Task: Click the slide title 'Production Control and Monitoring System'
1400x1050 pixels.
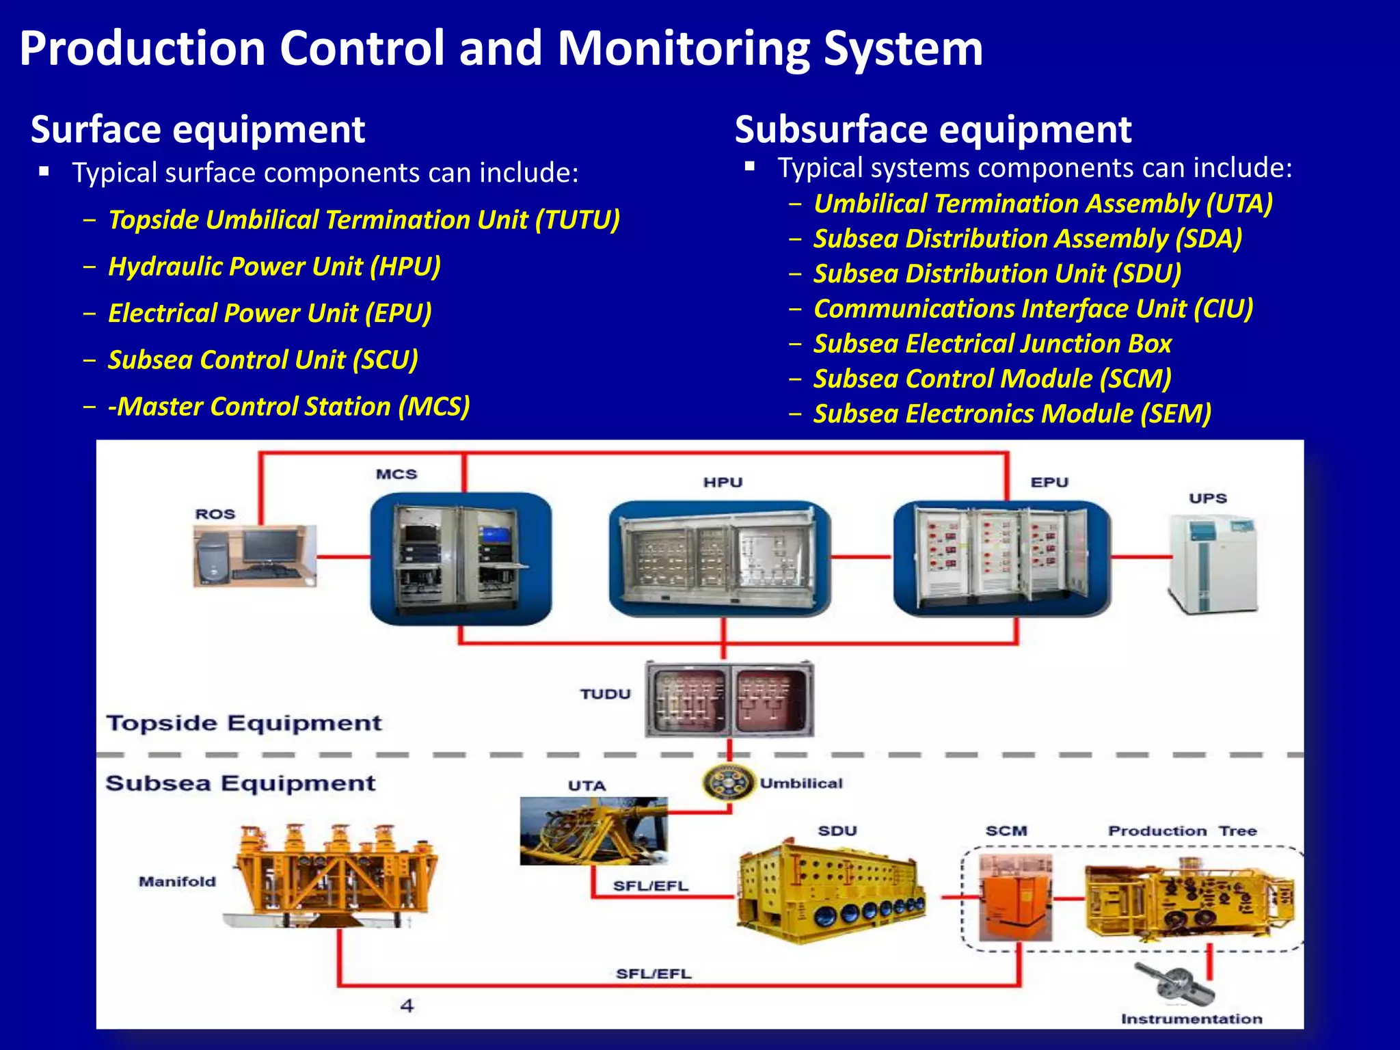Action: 500,49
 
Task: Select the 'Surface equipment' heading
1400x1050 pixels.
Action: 198,130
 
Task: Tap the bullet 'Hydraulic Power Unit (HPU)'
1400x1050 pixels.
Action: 274,267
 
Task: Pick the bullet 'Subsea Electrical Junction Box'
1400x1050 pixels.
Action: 992,344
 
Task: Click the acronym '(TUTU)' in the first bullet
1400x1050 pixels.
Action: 578,220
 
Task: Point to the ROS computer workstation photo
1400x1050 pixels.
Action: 254,555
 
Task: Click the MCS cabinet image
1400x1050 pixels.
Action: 461,558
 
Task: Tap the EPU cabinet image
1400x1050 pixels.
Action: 1002,558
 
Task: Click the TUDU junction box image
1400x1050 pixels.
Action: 729,699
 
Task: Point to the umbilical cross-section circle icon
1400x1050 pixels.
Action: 728,783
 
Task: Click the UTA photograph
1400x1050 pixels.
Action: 593,831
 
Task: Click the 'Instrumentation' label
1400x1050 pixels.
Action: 1191,1019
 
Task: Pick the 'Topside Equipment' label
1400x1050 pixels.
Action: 244,723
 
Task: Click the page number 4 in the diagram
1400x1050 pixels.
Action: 407,1006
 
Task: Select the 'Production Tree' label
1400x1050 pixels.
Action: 1182,831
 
